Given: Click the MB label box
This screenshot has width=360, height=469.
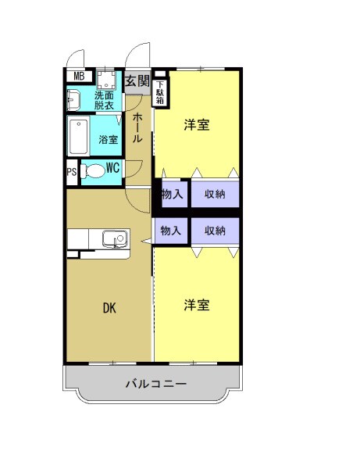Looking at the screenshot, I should pos(79,76).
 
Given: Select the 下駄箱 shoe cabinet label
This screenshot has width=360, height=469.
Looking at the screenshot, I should pos(160,93).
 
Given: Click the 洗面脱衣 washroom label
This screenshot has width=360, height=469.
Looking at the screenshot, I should pos(104,100).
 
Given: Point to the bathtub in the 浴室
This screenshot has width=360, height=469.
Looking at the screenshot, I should pos(80,138).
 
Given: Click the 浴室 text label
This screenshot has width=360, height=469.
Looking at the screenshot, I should pos(109,140).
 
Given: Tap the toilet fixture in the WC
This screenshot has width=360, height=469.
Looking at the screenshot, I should pos(93,171).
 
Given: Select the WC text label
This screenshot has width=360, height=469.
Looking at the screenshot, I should pos(112,166).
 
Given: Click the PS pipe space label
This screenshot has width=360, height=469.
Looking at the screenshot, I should pos(72,173).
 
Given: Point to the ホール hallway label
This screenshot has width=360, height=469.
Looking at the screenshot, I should pos(137,127).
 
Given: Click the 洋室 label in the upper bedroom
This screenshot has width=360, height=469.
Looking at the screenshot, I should pos(197,125).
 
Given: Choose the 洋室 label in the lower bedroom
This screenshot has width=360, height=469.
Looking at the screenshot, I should pos(197,305).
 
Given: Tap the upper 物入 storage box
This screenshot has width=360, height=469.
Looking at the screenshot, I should pos(172,194).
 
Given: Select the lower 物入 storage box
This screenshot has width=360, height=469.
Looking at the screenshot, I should pos(172,231).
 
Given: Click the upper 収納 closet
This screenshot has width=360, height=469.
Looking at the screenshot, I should pos(215,194).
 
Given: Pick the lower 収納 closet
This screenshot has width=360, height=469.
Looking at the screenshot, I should pos(215,231).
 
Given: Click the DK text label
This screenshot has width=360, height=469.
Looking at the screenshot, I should pos(109,308).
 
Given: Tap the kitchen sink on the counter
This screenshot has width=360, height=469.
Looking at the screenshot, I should pos(116,238).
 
